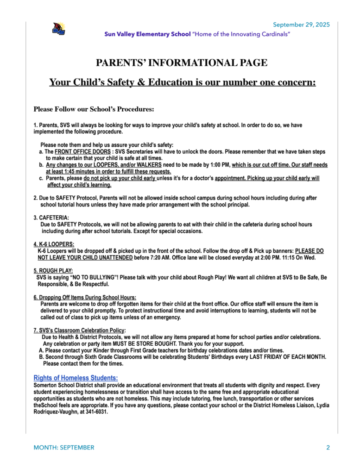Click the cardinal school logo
click(58, 29)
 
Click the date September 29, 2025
click(301, 25)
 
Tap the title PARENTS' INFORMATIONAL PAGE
click(181, 63)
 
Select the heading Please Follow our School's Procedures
click(93, 109)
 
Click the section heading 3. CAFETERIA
click(51, 218)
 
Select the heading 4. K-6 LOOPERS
click(54, 244)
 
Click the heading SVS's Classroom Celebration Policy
click(79, 331)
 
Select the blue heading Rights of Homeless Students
click(76, 378)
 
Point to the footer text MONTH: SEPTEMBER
click(64, 448)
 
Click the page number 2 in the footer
click(328, 448)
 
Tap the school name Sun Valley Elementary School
click(147, 34)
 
